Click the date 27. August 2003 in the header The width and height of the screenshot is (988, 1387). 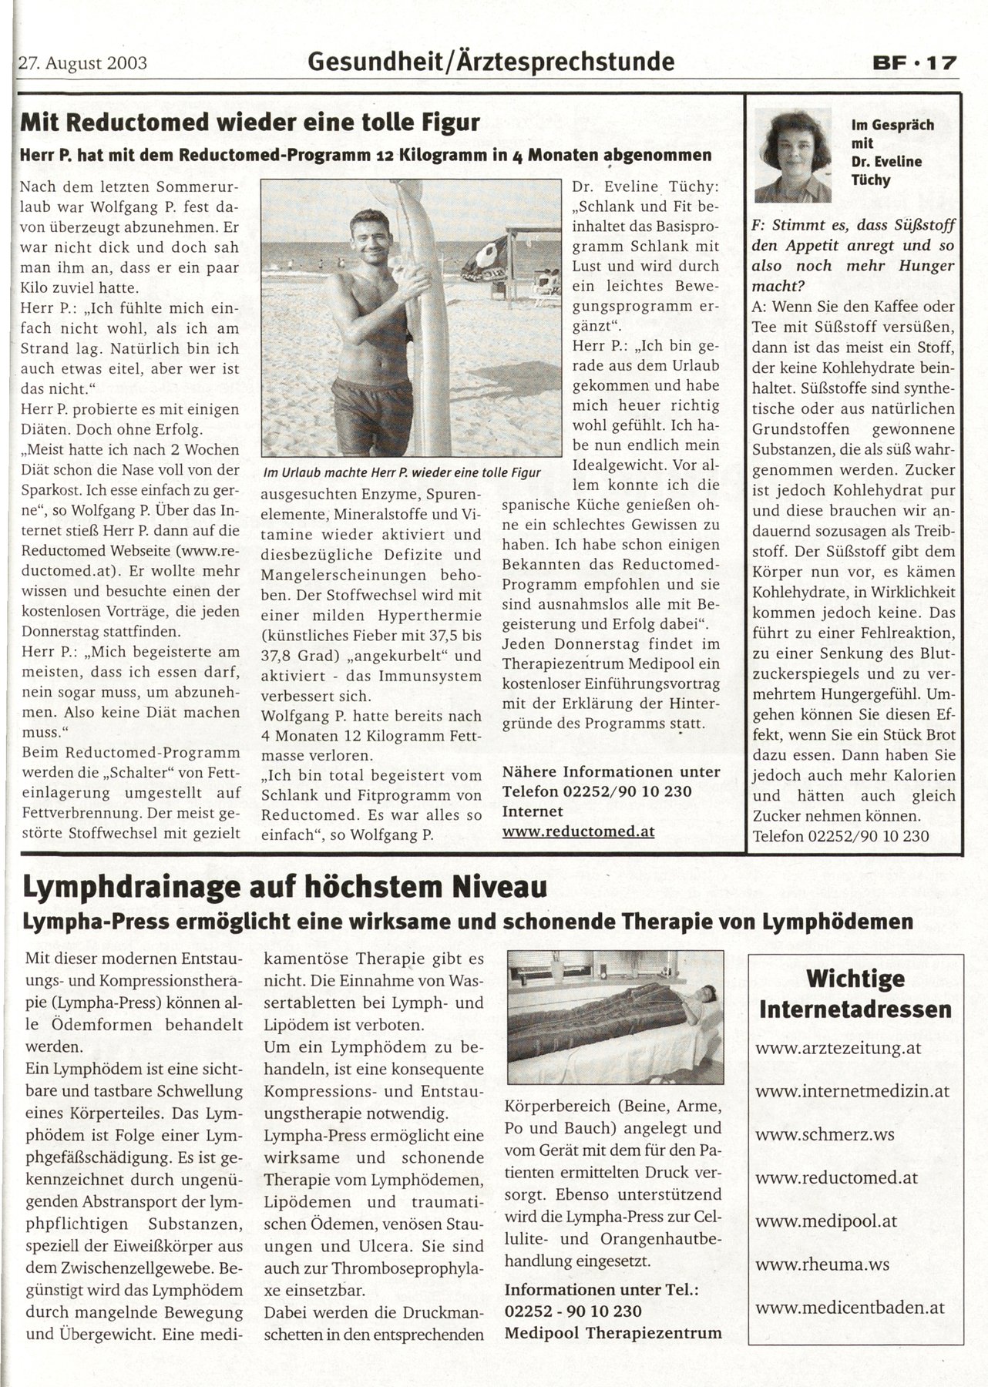(x=83, y=62)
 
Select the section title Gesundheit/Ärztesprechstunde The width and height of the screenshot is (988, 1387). (x=490, y=62)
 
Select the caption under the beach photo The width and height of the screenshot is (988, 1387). (x=402, y=472)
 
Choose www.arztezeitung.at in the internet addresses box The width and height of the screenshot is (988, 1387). (x=838, y=1048)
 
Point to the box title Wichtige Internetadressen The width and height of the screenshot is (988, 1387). (x=855, y=994)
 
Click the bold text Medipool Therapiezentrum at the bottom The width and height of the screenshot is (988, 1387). (x=613, y=1332)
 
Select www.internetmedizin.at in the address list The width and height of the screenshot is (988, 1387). (x=852, y=1091)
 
